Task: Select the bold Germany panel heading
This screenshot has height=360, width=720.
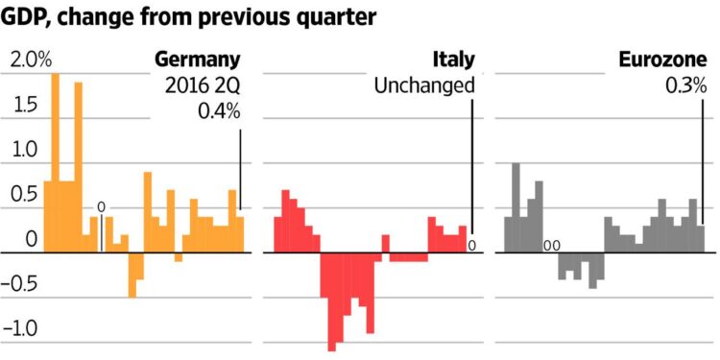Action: (x=198, y=60)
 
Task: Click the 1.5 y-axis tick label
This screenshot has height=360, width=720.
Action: (x=23, y=106)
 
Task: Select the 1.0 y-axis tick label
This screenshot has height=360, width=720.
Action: (x=23, y=150)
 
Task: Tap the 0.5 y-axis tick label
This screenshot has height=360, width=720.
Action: (x=23, y=194)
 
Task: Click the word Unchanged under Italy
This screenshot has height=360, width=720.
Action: (x=424, y=86)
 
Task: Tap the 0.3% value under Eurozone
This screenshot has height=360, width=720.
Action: (x=685, y=86)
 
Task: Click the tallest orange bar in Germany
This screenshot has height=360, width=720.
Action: (x=56, y=163)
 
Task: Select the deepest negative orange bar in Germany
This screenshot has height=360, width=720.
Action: (x=132, y=275)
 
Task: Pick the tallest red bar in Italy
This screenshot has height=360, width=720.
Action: (x=286, y=221)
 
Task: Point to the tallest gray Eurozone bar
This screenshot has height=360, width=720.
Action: (x=516, y=207)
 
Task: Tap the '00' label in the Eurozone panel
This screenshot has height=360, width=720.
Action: (x=552, y=246)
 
